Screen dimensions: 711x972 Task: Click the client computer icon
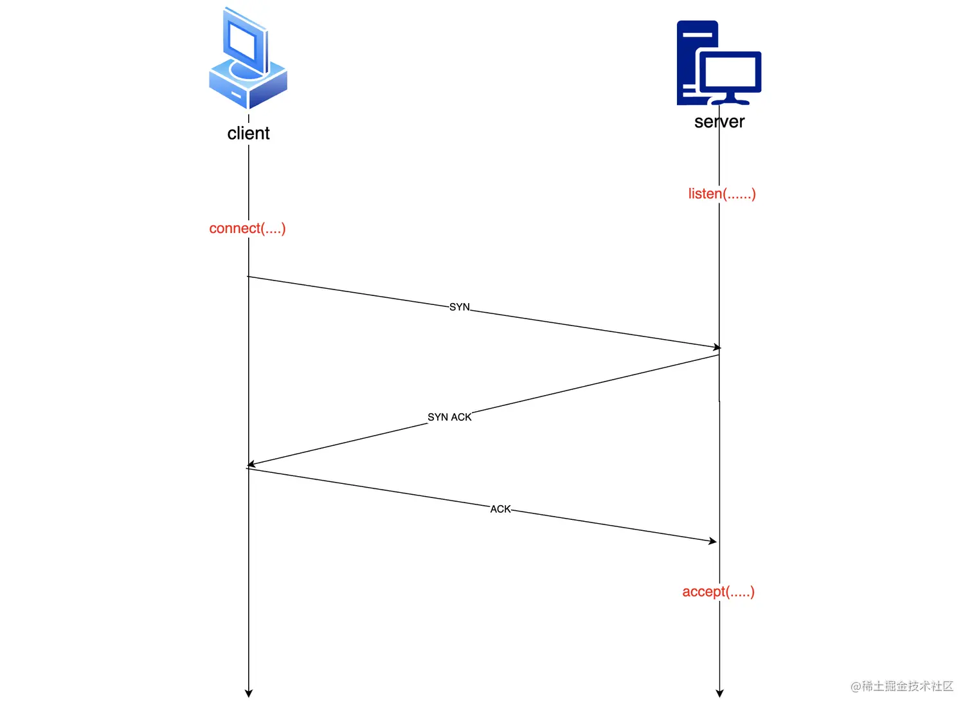pos(248,59)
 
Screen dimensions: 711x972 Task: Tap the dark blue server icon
pos(718,63)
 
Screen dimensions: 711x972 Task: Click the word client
pos(248,133)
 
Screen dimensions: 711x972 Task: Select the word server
pos(719,122)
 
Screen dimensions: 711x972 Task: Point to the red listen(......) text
pos(722,194)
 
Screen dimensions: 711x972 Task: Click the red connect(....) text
pos(248,228)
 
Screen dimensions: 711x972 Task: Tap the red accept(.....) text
pos(718,592)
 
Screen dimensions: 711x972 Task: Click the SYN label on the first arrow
pos(460,307)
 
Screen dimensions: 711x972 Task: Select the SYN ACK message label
pos(449,417)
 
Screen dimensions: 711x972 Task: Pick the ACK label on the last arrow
pos(500,509)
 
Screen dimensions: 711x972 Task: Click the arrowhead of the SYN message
pos(717,347)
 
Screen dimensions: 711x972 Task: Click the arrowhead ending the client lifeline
pos(249,693)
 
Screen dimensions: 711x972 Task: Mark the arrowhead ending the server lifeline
pos(719,693)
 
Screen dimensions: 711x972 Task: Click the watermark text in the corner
pos(902,687)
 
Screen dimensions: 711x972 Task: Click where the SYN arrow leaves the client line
pos(249,277)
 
